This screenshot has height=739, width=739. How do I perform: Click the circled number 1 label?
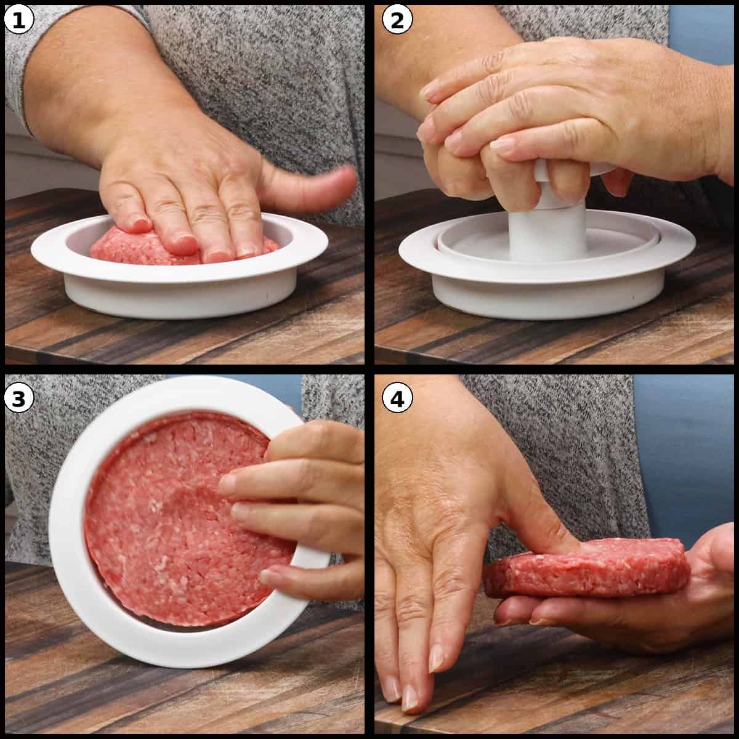coord(18,20)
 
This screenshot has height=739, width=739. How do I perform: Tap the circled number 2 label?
coord(397,20)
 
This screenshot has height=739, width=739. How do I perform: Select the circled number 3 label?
coord(18,399)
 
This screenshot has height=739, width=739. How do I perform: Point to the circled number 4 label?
coord(397,399)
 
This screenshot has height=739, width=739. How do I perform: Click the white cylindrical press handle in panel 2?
coord(548,231)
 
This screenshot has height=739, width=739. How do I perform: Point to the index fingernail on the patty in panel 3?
coord(228,485)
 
